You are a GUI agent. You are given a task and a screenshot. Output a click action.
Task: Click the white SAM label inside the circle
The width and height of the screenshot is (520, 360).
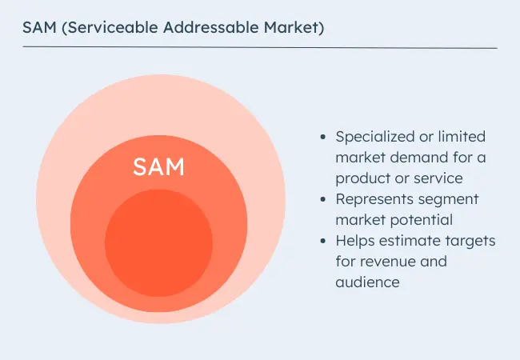[x=158, y=166]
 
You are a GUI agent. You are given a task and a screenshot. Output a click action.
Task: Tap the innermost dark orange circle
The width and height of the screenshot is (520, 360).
[x=159, y=243]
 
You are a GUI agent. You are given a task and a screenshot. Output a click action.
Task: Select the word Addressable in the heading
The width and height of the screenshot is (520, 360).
[x=210, y=27]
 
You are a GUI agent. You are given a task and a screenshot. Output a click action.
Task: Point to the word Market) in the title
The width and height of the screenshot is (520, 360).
[x=294, y=27]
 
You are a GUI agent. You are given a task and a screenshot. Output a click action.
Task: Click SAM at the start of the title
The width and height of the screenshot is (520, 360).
[x=39, y=27]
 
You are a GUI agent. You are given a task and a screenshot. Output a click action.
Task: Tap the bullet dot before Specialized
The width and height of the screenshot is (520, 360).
[x=323, y=137]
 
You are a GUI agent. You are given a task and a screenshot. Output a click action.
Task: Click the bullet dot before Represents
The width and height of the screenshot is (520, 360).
[x=323, y=199]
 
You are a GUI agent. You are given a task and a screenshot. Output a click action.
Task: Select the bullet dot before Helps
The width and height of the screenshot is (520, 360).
[x=323, y=241]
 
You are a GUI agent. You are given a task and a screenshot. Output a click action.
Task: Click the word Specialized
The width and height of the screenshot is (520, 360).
[x=375, y=137]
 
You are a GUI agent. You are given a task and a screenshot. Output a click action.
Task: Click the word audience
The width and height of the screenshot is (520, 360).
[x=367, y=282]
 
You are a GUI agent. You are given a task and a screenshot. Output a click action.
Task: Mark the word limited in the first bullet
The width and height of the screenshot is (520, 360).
[x=462, y=137]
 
